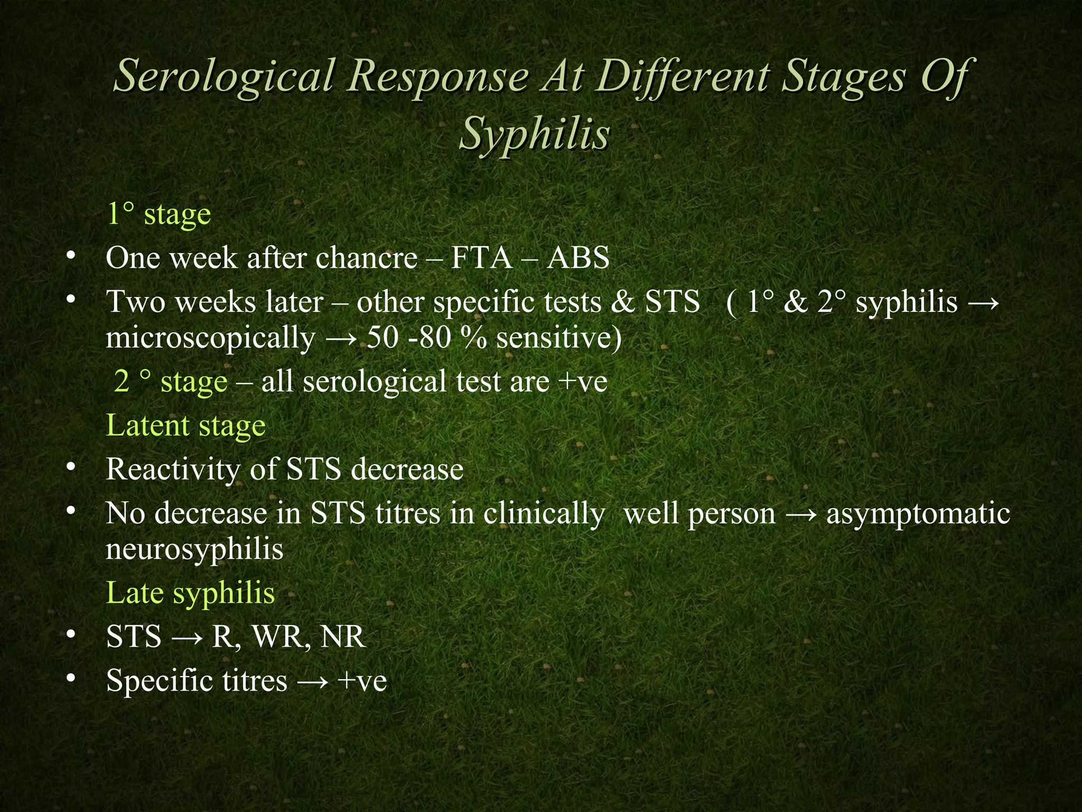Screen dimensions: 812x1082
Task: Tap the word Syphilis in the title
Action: tap(535, 134)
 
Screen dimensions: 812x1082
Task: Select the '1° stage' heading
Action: tap(158, 214)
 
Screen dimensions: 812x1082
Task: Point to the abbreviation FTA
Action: tap(481, 259)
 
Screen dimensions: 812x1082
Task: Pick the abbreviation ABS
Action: tap(578, 259)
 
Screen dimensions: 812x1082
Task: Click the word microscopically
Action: tap(210, 339)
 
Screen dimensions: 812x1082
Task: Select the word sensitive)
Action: tap(559, 338)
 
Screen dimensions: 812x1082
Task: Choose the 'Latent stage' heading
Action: tap(185, 426)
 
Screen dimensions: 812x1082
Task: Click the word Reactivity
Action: tap(172, 469)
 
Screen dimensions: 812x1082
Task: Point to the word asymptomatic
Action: tap(918, 513)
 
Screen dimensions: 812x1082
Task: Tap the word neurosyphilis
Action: tap(194, 549)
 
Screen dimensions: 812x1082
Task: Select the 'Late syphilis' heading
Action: tap(190, 593)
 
